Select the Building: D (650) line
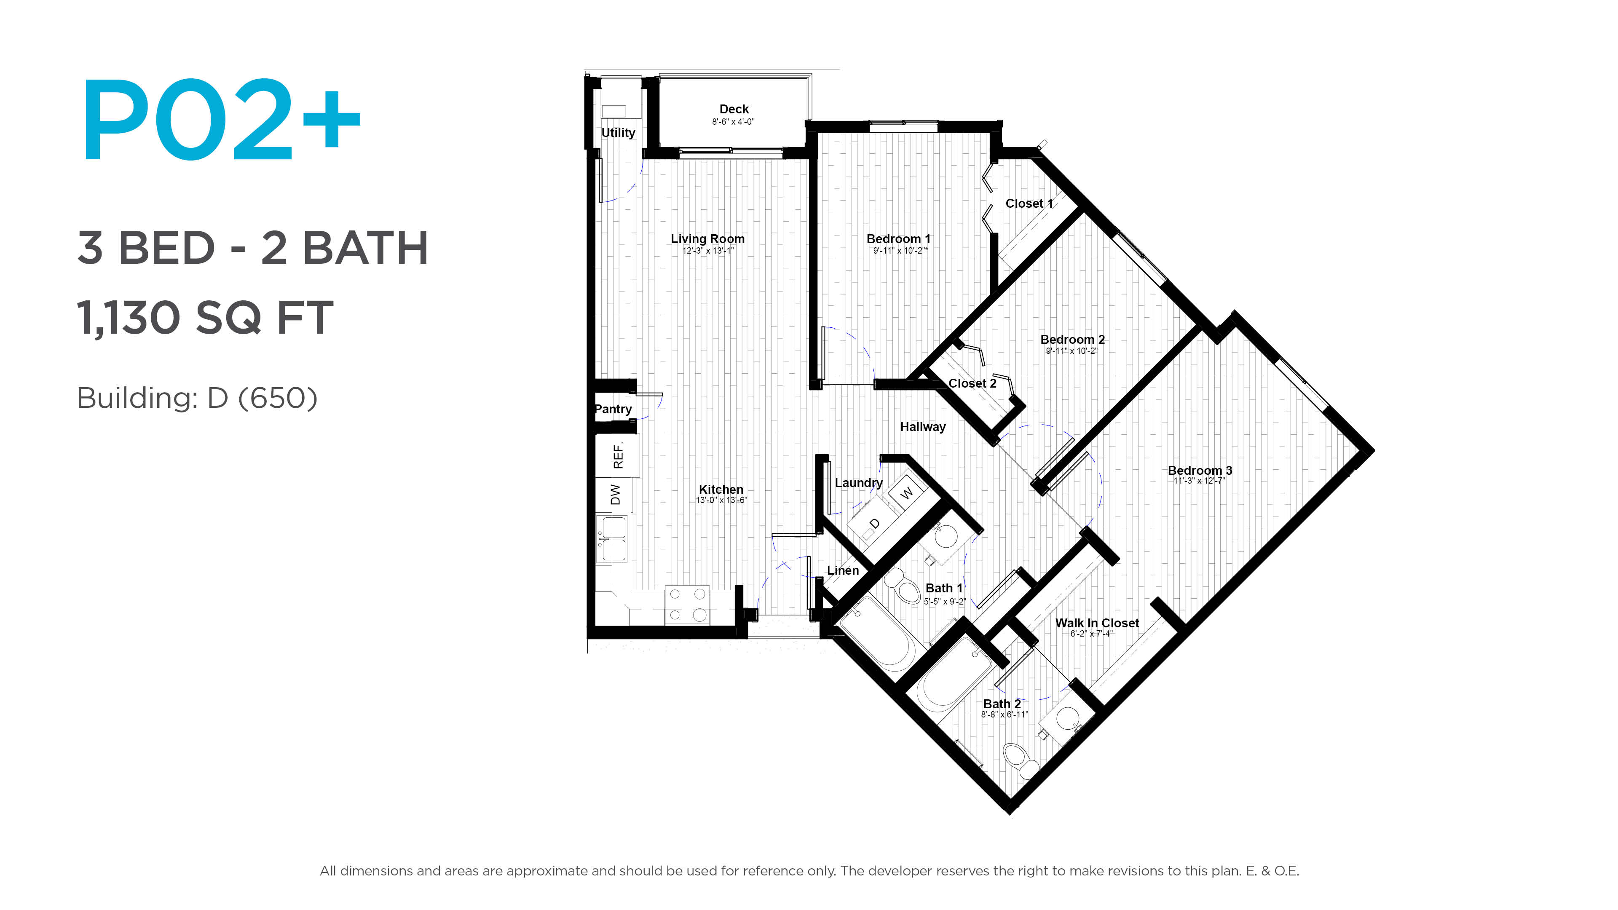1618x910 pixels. click(197, 398)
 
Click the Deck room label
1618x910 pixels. click(734, 109)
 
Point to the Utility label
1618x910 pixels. click(618, 133)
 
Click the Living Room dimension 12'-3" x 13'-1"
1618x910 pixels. click(708, 251)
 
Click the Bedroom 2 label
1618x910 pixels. click(1072, 339)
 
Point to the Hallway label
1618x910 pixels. click(923, 427)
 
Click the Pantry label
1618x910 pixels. click(613, 409)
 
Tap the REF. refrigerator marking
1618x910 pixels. click(618, 456)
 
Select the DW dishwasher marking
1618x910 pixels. click(616, 494)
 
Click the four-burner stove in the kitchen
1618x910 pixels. click(687, 605)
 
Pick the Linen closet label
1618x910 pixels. click(842, 570)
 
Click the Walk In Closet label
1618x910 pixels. click(1097, 623)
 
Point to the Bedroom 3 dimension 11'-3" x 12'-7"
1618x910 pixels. click(1199, 481)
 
